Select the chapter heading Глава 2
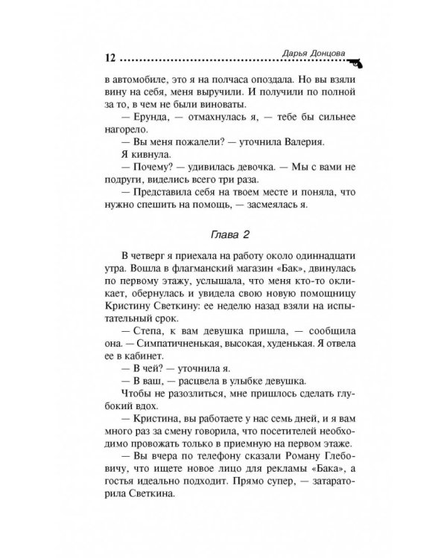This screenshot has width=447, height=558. [x=220, y=233]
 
